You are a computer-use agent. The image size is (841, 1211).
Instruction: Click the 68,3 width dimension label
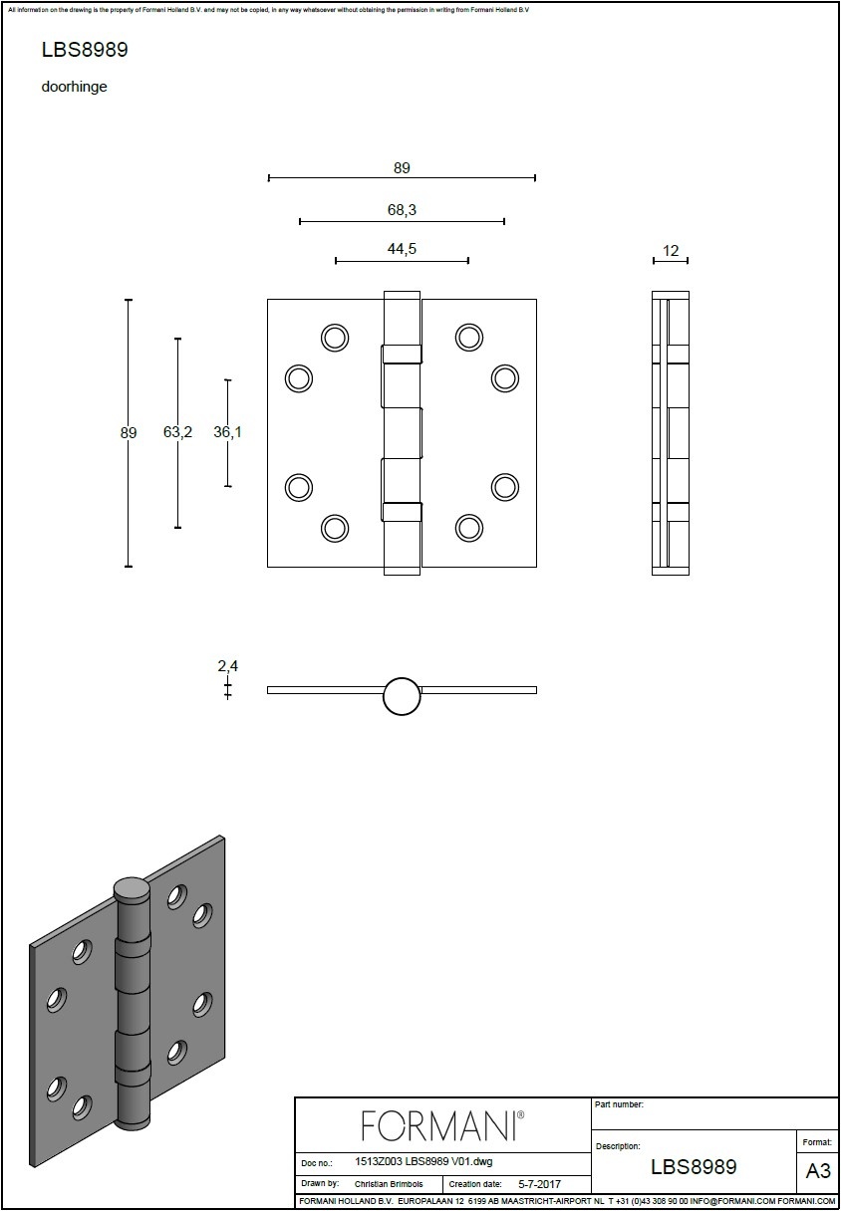click(x=402, y=210)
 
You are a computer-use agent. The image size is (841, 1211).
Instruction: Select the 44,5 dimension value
click(x=402, y=249)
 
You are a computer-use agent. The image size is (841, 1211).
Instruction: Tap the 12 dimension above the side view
click(x=671, y=251)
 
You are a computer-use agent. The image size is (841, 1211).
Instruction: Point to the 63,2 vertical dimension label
click(x=178, y=432)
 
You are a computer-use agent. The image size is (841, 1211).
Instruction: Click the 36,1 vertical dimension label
click(x=228, y=432)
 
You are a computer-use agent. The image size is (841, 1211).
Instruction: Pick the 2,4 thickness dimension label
click(x=228, y=666)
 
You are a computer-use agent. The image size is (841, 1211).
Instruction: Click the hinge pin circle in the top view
click(x=402, y=696)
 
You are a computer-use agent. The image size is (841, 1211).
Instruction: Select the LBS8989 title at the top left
click(x=85, y=50)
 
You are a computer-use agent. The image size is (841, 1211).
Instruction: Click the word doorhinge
click(x=74, y=87)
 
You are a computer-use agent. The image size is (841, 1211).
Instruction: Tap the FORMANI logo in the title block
click(x=442, y=1126)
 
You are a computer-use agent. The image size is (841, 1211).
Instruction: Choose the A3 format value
click(x=818, y=1171)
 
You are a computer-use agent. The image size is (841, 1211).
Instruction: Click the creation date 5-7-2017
click(x=540, y=1184)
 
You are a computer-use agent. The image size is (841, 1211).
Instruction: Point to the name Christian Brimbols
click(x=389, y=1184)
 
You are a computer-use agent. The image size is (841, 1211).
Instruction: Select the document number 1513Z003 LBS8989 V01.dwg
click(x=423, y=1161)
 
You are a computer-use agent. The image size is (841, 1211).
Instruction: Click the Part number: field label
click(x=619, y=1104)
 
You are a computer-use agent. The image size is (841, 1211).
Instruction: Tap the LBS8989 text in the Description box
click(x=694, y=1167)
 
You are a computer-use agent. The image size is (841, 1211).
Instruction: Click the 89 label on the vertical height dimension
click(x=129, y=433)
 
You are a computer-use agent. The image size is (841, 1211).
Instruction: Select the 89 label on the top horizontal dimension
click(x=402, y=168)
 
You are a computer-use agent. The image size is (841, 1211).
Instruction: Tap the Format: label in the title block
click(x=817, y=1142)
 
